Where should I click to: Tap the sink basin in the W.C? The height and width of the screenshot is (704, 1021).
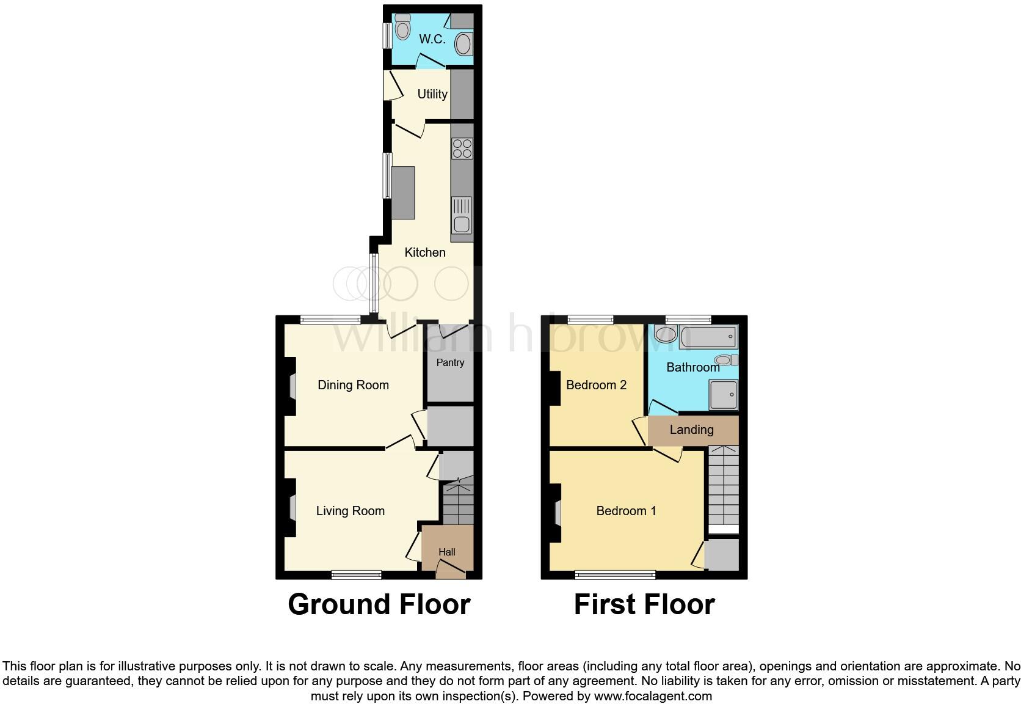(463, 45)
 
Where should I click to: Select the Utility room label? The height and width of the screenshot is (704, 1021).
(432, 94)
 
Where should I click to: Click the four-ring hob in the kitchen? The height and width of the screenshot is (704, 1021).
(462, 148)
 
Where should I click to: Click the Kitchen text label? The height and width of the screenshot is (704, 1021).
(425, 252)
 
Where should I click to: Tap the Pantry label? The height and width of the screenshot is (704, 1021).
(450, 362)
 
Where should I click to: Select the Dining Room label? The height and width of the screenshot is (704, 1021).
(353, 385)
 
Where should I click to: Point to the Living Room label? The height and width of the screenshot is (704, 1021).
(350, 511)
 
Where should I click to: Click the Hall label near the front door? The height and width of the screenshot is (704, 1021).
(447, 552)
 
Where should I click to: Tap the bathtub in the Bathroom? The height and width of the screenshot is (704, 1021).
(708, 337)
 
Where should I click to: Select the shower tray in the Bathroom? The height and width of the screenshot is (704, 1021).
(724, 395)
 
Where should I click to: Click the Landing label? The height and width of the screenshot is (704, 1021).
(691, 430)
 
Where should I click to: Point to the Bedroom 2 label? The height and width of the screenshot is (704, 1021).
(596, 385)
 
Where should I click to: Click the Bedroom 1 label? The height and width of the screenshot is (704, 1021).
(626, 511)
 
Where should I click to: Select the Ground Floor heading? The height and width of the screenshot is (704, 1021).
(379, 604)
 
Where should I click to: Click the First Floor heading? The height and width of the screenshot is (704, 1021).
(644, 604)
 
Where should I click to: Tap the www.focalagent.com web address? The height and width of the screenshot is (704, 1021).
(653, 696)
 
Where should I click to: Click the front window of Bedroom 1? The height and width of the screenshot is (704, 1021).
(615, 574)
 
